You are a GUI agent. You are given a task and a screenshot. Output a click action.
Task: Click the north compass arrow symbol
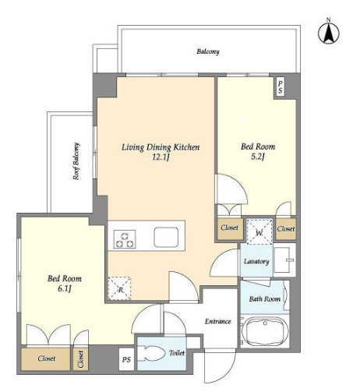coord(329,32)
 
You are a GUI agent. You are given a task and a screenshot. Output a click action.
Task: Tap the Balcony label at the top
coord(208,51)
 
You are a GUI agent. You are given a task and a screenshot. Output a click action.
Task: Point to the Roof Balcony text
coord(76,161)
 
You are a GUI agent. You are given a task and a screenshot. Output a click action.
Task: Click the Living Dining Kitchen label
coord(161,147)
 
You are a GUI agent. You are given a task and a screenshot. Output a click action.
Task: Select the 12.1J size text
coord(161,157)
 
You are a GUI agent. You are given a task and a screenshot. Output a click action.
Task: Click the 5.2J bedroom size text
coord(258,157)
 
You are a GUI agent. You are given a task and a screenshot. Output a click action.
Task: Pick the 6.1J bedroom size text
coord(65,288)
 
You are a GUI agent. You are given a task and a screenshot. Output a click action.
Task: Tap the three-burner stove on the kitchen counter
coord(125,239)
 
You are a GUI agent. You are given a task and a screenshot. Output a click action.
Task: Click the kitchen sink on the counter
coord(166,237)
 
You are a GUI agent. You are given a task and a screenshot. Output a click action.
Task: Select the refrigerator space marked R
coord(119,288)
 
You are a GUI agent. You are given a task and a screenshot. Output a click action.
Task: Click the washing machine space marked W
coord(259,231)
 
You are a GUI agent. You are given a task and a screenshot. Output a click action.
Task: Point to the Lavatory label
coord(256,261)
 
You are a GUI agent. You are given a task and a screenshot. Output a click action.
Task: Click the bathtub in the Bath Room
coord(265,331)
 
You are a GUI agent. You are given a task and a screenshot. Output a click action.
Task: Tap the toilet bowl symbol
coord(151,353)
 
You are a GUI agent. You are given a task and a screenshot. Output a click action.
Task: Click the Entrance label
coord(218,321)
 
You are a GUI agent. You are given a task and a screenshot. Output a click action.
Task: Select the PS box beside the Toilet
coord(126,359)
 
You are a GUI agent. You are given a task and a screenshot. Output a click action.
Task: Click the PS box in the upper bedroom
coord(280,87)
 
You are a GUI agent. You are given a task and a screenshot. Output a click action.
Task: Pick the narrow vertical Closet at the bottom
coord(81,359)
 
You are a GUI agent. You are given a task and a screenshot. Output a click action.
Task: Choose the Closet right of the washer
coord(286,229)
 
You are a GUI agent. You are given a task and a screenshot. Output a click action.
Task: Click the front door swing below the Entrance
coord(220,366)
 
